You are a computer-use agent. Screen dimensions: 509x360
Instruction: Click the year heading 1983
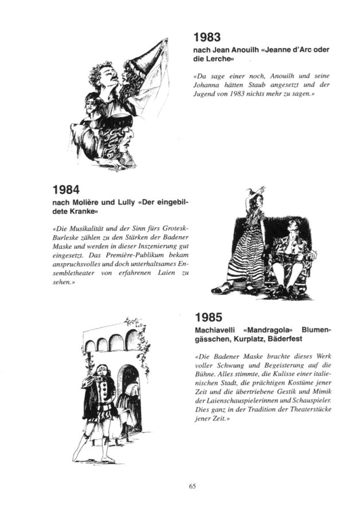(206, 38)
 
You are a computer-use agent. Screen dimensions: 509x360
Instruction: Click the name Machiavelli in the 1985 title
(215, 331)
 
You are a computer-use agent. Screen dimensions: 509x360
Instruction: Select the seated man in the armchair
(289, 252)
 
